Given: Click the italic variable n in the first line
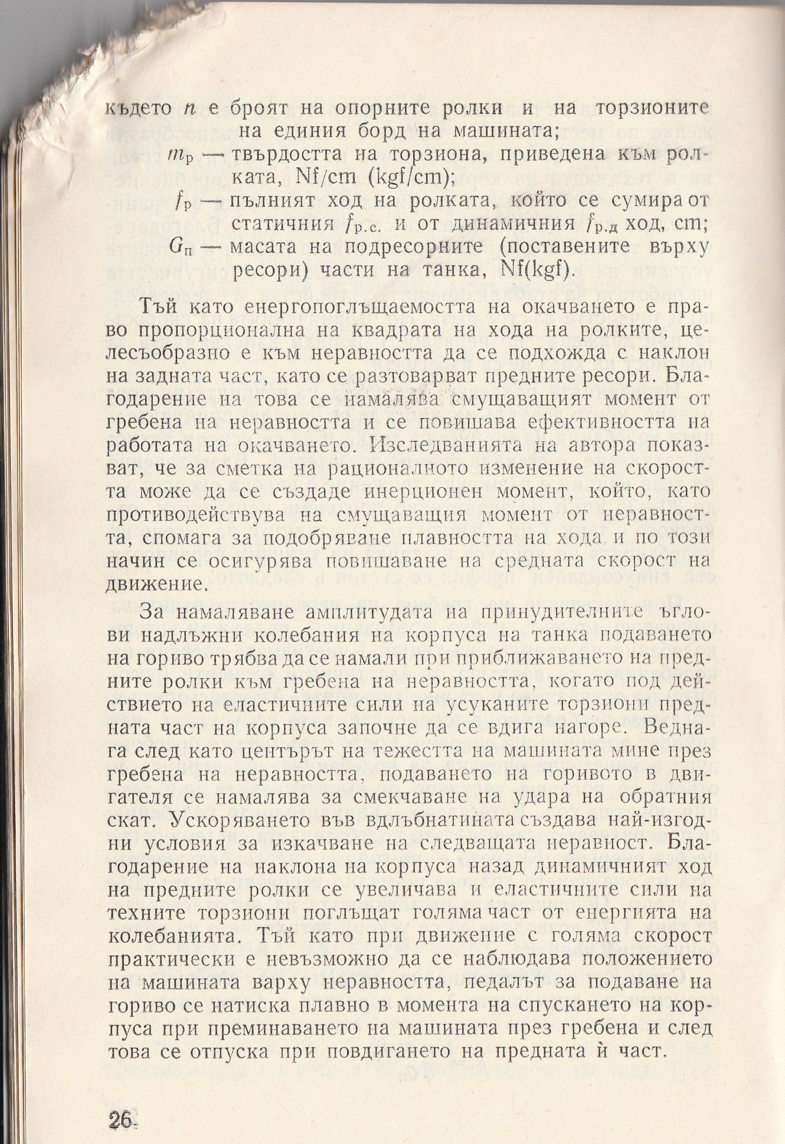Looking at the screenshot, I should point(189,109).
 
